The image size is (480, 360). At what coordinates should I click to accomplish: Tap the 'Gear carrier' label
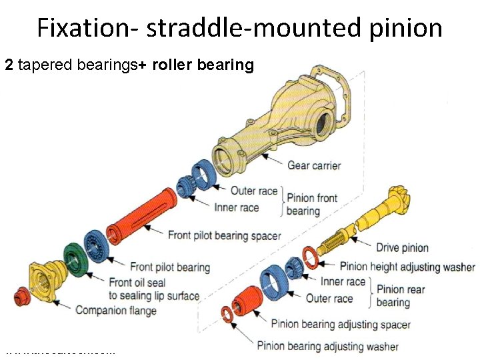tap(314, 165)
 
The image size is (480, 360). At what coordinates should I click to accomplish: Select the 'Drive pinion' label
tap(402, 248)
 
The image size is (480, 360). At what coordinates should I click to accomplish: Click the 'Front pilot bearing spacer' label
tap(224, 235)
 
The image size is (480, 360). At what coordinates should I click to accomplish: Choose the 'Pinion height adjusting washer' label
tap(407, 267)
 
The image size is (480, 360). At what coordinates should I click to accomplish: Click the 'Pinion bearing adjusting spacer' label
tap(341, 325)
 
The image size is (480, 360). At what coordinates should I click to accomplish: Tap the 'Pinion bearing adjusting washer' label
tap(327, 346)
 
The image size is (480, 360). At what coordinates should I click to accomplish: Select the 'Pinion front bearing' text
tap(311, 204)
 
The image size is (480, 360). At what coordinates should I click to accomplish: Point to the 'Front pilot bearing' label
tap(169, 267)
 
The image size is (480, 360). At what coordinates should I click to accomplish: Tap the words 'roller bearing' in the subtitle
tap(203, 65)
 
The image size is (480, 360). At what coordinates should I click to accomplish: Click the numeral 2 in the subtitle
tap(9, 65)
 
